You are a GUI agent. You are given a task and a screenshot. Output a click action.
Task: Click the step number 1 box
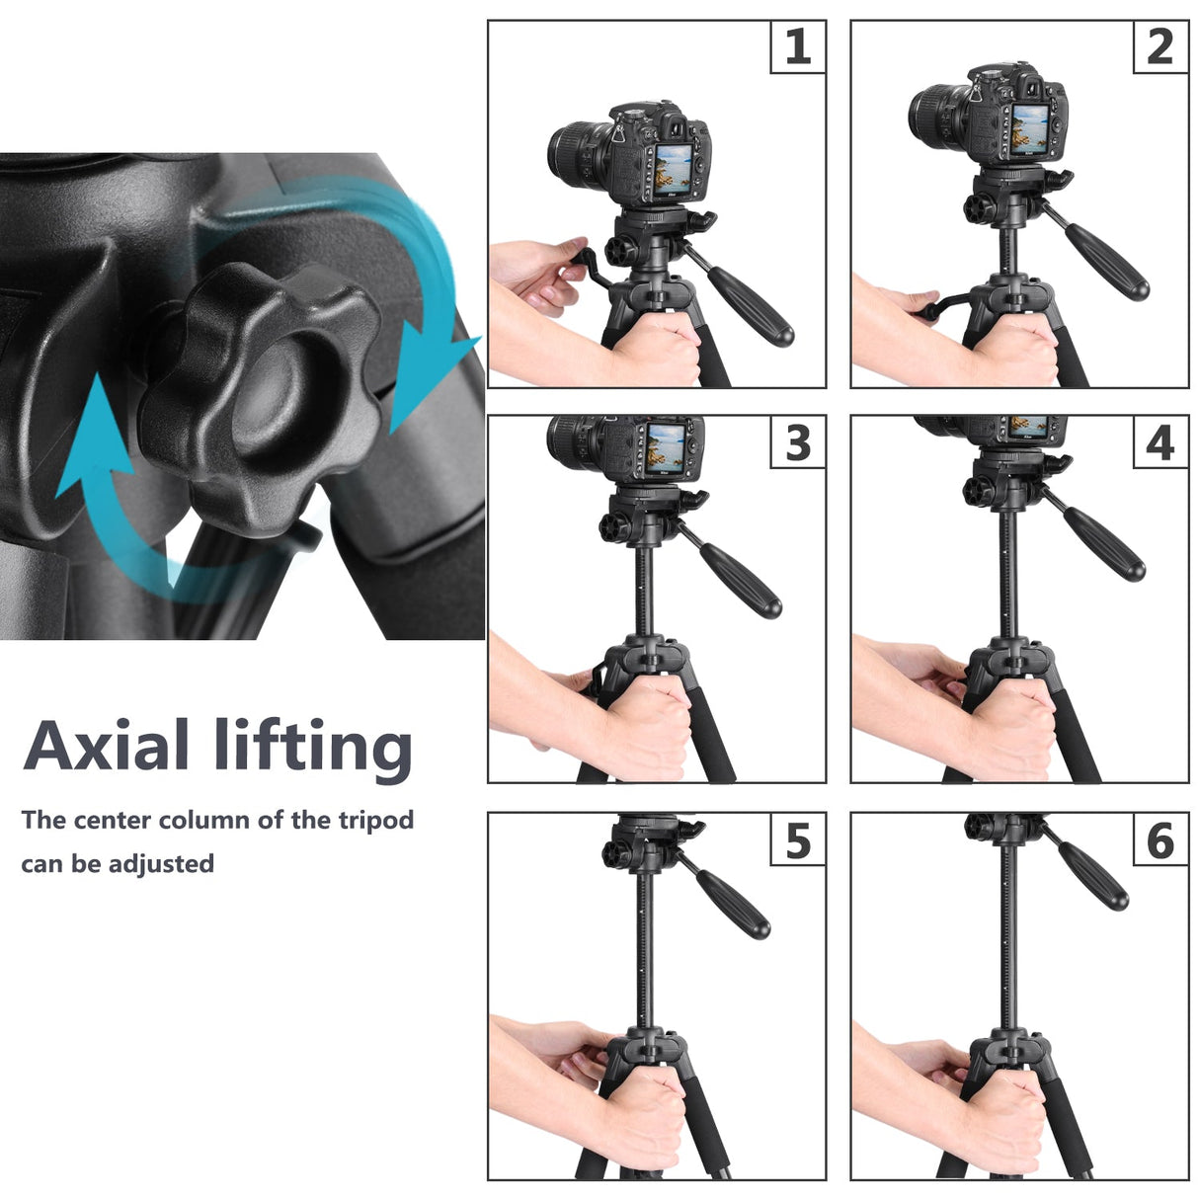coord(798,46)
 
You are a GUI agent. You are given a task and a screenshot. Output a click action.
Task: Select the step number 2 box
coord(1160,46)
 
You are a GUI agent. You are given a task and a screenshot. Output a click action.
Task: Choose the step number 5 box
coord(798,839)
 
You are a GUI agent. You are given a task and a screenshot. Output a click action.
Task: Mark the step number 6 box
coord(1160,839)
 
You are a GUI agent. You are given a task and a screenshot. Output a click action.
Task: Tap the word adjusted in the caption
coord(161,863)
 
